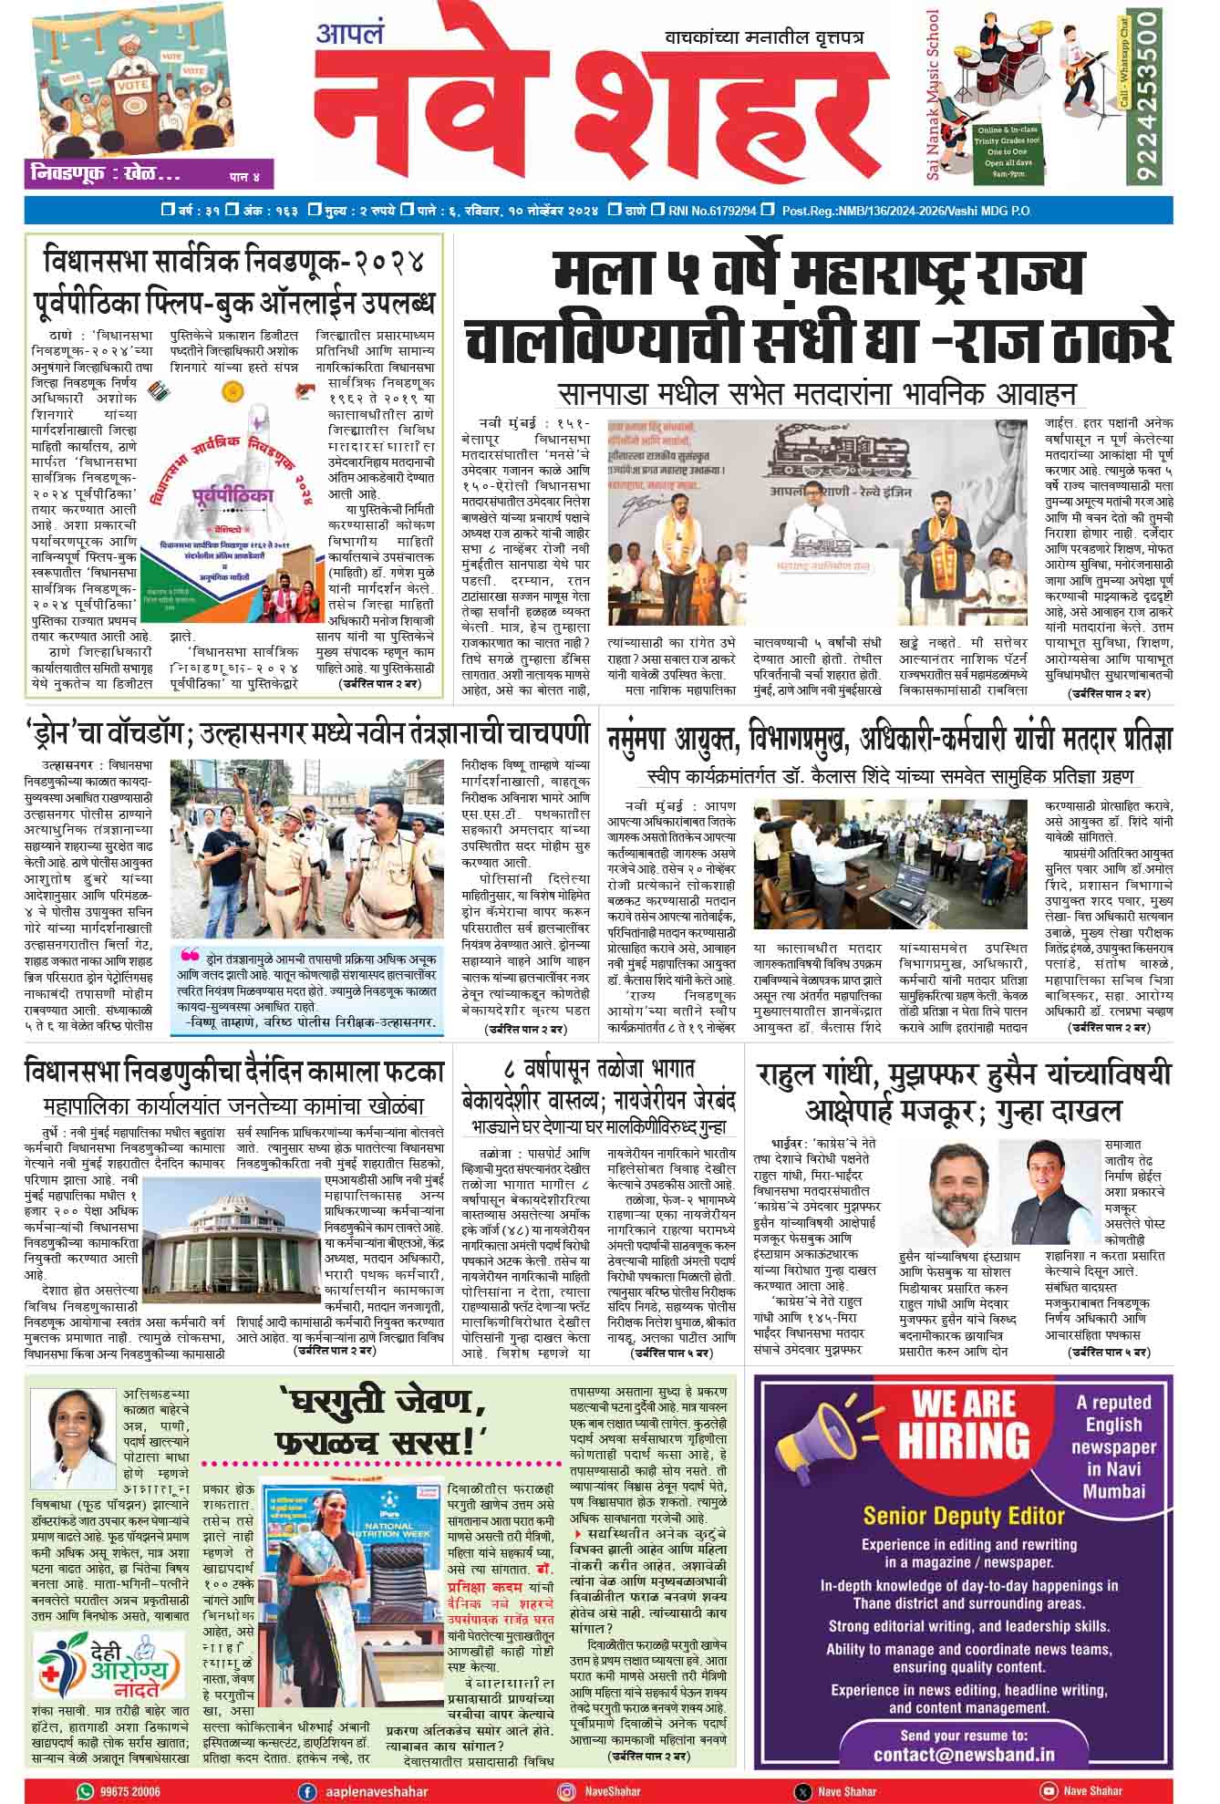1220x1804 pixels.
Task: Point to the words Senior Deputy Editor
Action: pos(964,1516)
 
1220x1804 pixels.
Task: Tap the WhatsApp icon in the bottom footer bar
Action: pos(85,1790)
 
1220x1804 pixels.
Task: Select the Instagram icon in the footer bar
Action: pos(567,1790)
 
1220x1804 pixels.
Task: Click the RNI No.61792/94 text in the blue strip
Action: pos(712,211)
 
